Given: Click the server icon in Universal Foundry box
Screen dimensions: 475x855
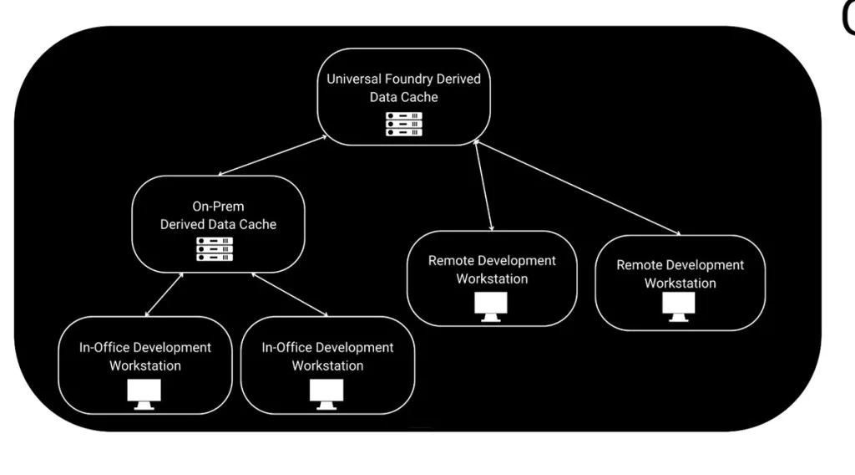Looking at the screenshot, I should pyautogui.click(x=403, y=124).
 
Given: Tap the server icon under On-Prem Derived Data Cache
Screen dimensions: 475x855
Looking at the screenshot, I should pyautogui.click(x=215, y=249).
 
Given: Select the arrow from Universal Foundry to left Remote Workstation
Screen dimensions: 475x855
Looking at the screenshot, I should pyautogui.click(x=483, y=187).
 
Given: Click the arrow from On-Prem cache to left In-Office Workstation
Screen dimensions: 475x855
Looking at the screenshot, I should pyautogui.click(x=164, y=294).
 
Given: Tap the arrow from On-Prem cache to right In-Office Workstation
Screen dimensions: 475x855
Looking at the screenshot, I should pyautogui.click(x=290, y=294).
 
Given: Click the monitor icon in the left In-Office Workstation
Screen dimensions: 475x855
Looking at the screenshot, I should pyautogui.click(x=144, y=393).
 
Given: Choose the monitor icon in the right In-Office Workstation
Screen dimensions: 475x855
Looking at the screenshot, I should pyautogui.click(x=326, y=393).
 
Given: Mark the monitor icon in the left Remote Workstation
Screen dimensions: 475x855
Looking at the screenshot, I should pyautogui.click(x=491, y=306).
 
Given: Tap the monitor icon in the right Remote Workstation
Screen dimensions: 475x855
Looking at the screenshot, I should pyautogui.click(x=679, y=306).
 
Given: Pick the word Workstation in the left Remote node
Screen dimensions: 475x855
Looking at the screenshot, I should pyautogui.click(x=492, y=278).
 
